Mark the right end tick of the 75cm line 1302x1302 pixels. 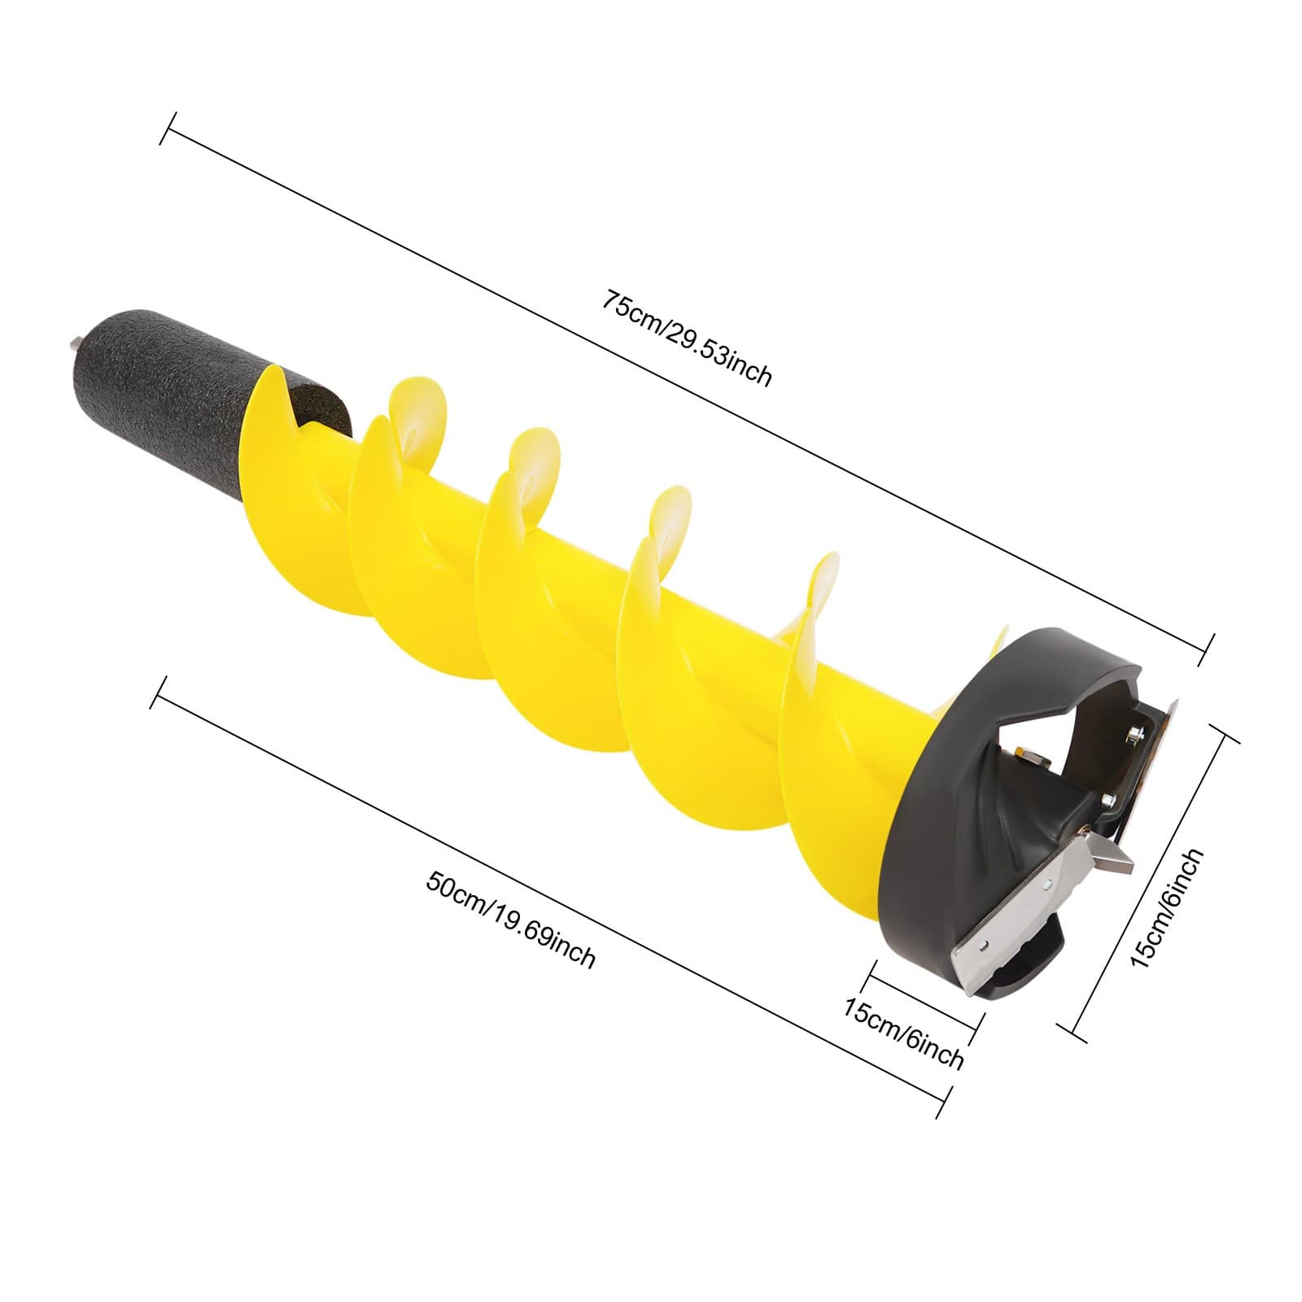1208,649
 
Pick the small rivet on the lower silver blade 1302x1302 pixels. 985,945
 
